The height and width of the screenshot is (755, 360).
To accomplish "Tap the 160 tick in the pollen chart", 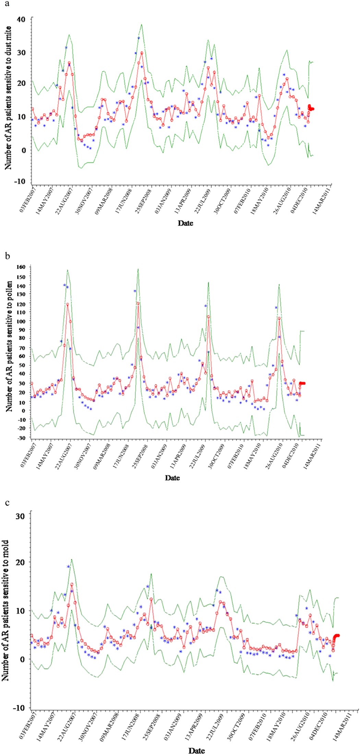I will tap(25, 267).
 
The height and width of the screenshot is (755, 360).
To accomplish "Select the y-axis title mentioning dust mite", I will tap(8, 98).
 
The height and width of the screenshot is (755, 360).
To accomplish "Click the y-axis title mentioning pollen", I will tap(9, 346).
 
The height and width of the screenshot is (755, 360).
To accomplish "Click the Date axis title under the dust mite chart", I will tap(185, 223).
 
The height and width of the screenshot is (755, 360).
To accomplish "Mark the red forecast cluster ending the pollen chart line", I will tap(302, 383).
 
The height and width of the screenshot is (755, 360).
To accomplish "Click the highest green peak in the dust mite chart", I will tap(141, 24).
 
